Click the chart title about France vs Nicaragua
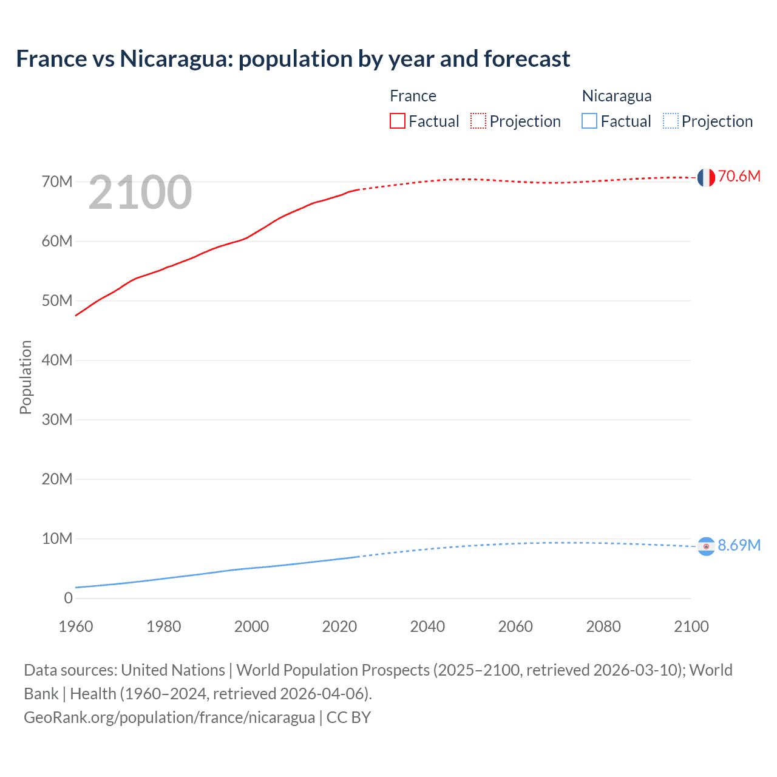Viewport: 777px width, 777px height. (x=293, y=59)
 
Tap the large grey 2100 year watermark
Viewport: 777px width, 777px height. (x=140, y=192)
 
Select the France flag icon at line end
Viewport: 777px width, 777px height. (x=706, y=177)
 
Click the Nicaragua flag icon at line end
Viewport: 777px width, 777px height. (x=706, y=546)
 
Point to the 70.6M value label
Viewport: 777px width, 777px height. (x=739, y=176)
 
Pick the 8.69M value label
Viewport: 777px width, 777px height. (x=739, y=545)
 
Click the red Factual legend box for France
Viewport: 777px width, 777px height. (x=397, y=121)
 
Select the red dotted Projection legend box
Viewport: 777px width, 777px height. (x=478, y=121)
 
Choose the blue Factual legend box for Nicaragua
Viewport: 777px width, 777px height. (x=589, y=121)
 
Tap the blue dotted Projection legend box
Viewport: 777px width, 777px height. (x=671, y=121)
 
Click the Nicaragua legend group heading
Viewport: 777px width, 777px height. (x=617, y=96)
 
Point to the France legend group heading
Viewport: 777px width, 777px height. (x=413, y=96)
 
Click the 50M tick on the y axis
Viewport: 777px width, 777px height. (x=57, y=300)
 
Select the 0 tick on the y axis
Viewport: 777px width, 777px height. (x=68, y=598)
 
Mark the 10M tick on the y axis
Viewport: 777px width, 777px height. (x=57, y=538)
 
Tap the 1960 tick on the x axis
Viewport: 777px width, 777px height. (x=76, y=626)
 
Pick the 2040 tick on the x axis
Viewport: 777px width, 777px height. (x=427, y=626)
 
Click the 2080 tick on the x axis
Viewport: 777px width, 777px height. (x=603, y=626)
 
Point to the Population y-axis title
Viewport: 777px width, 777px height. (x=25, y=377)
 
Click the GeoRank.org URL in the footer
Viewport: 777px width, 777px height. (x=169, y=718)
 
